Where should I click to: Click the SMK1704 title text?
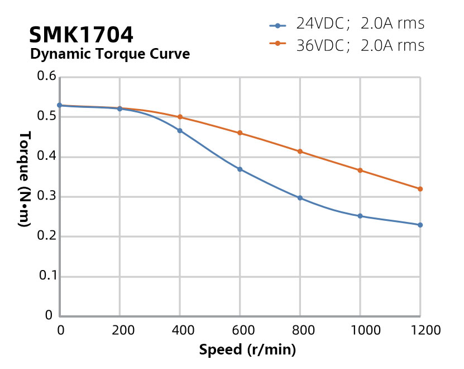(x=81, y=35)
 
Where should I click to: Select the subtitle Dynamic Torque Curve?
(x=109, y=54)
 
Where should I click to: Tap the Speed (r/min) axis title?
(x=247, y=351)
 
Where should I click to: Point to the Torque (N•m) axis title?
(x=25, y=179)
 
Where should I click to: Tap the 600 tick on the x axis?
(x=240, y=330)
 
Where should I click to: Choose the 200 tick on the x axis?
(x=119, y=330)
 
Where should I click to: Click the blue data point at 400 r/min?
(x=180, y=130)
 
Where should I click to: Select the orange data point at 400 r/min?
(x=180, y=117)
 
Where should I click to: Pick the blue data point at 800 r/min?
(x=300, y=198)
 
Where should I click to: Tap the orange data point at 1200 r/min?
(x=420, y=189)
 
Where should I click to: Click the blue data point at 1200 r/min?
(x=420, y=225)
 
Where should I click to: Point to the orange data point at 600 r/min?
(x=240, y=133)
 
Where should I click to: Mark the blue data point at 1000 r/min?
(x=360, y=216)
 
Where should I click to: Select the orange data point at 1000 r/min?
(x=360, y=171)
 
